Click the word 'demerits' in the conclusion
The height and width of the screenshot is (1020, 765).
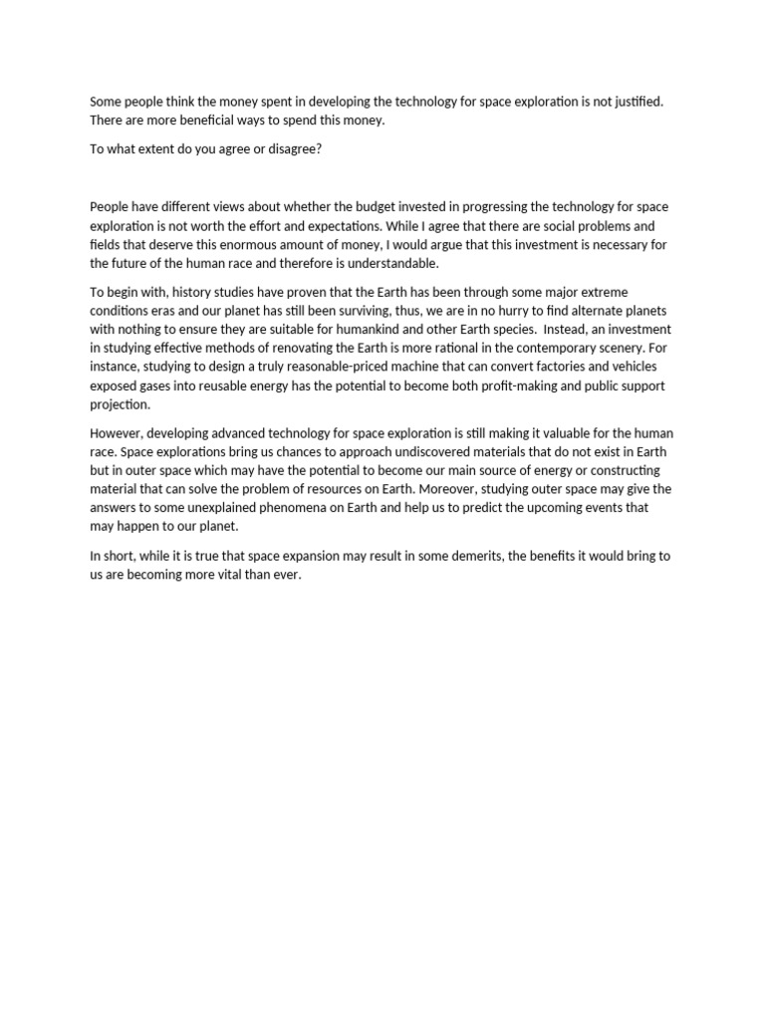(x=467, y=556)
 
